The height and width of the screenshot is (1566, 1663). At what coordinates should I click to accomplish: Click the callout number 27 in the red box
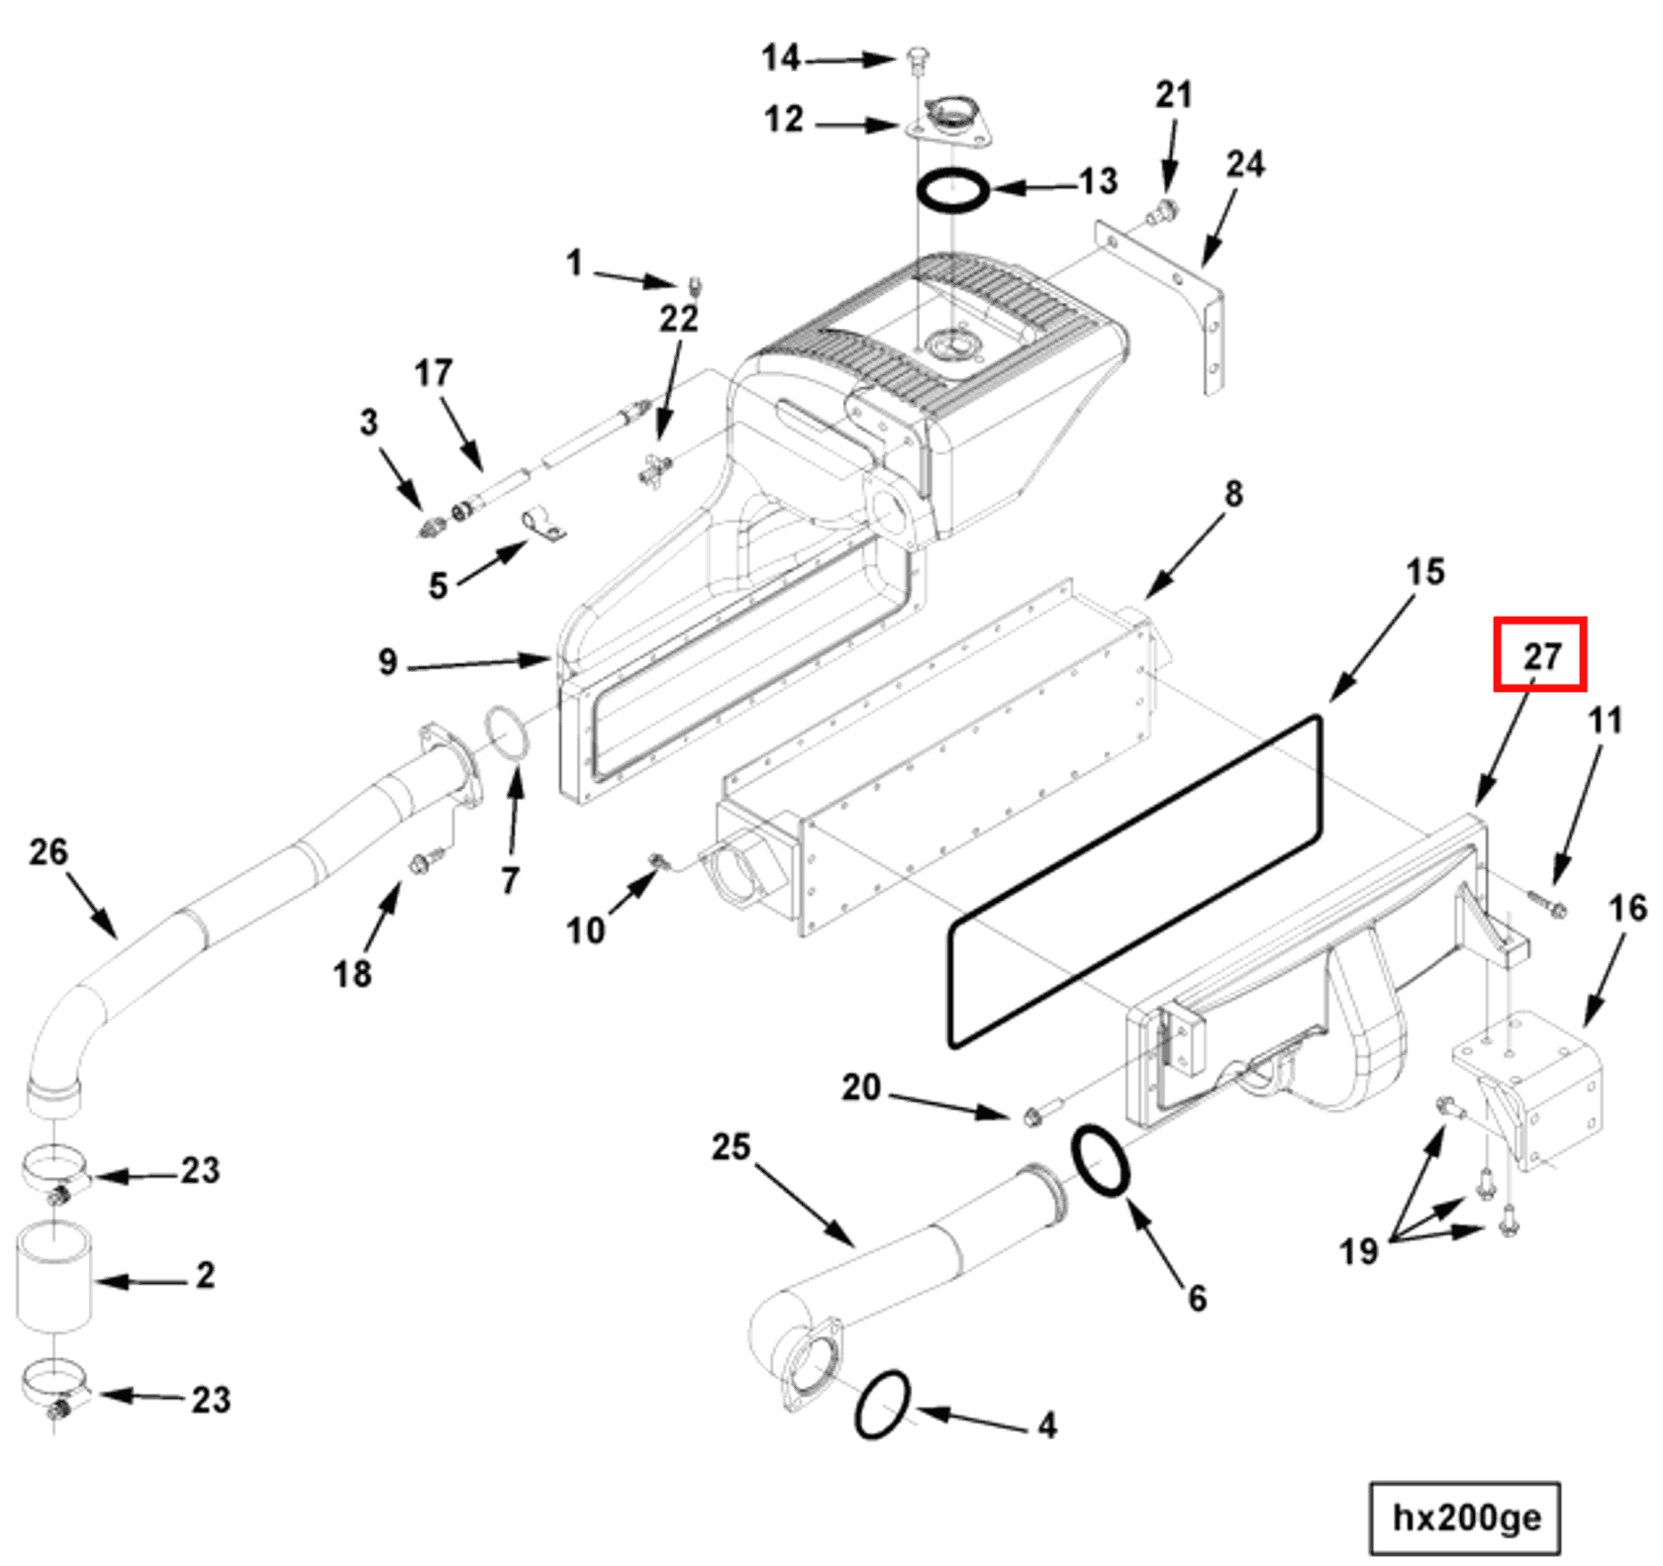[1540, 654]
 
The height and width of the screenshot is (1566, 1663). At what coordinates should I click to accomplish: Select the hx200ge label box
[1464, 1517]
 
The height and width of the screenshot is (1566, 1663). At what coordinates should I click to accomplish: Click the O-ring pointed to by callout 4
[881, 1405]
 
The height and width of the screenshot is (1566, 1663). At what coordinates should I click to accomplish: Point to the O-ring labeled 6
[1100, 1160]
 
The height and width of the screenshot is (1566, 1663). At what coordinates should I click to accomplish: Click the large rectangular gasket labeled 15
[1134, 881]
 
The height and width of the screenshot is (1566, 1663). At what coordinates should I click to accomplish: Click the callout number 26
[48, 851]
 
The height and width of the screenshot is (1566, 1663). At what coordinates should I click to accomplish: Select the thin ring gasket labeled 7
[507, 736]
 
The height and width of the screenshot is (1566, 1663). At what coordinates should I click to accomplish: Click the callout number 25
[731, 1146]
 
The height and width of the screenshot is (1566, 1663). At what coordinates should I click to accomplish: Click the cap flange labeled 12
[947, 124]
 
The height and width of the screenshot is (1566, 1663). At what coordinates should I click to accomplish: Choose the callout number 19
[1357, 1251]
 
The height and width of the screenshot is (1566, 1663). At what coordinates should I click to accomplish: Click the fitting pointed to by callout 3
[431, 526]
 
